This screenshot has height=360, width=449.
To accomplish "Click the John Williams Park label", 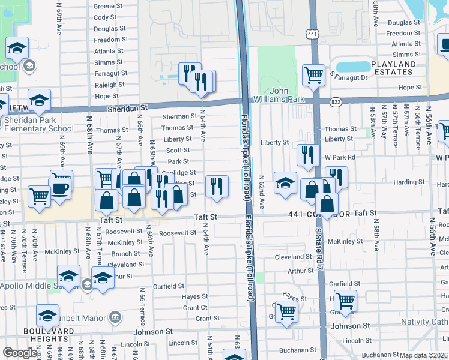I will pyautogui.click(x=286, y=95).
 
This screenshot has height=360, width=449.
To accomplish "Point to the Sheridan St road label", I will pyautogui.click(x=127, y=107).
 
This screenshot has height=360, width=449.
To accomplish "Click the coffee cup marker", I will pyautogui.click(x=60, y=186).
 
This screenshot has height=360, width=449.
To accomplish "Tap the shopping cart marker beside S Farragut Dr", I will pyautogui.click(x=313, y=75).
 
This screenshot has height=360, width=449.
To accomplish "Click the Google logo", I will pyautogui.click(x=20, y=353).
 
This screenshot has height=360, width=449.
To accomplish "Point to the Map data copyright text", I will pyautogui.click(x=424, y=355).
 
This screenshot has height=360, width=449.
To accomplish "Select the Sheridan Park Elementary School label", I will pyautogui.click(x=39, y=124).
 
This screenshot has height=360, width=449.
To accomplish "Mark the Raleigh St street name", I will pyautogui.click(x=109, y=85).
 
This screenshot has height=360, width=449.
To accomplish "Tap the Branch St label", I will pyautogui.click(x=126, y=253).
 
